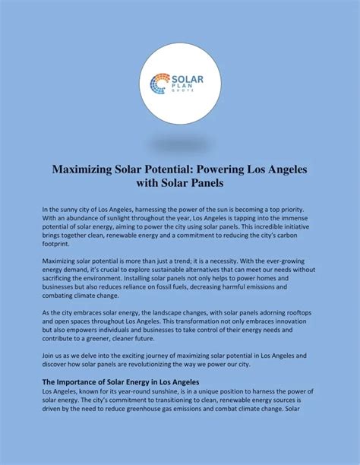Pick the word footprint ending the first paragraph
(58, 245)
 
